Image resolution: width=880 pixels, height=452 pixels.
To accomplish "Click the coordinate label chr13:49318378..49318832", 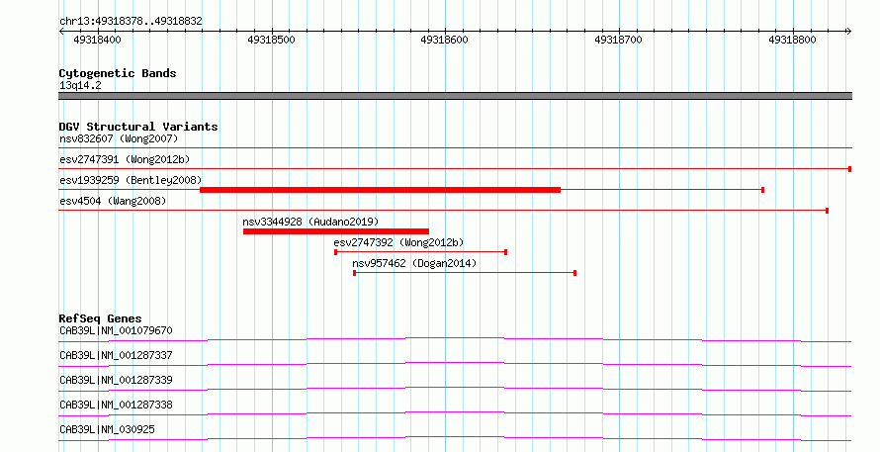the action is point(131,22).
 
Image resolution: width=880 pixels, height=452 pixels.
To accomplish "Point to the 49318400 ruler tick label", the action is point(97,40).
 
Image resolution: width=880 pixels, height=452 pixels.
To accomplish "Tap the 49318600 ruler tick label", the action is point(444,40).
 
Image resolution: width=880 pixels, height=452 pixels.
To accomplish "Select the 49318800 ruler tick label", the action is point(792,40).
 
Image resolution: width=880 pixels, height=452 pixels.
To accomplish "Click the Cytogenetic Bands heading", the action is point(118,73).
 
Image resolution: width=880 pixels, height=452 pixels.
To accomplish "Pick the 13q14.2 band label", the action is point(80,85).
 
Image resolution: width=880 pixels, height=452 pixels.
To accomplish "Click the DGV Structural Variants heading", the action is point(138,127).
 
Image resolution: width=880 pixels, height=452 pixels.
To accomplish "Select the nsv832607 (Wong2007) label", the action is point(119,138).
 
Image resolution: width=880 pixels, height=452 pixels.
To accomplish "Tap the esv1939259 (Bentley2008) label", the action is point(131,180).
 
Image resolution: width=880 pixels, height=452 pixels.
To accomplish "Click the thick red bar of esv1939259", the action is point(380,190).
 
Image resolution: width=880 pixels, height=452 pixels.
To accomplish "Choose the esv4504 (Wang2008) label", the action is point(113,201).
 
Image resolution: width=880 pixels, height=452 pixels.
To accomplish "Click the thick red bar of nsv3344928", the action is point(335,231).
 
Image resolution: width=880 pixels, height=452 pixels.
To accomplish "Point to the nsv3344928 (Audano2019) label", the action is point(310,222).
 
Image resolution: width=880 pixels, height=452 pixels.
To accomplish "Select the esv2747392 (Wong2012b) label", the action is point(398,242).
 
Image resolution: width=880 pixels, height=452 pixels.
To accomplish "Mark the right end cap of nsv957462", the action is point(574,273).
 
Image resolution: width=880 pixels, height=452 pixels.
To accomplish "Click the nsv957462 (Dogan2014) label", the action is point(414,263).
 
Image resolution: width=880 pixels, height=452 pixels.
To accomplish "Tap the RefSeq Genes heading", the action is point(100,318).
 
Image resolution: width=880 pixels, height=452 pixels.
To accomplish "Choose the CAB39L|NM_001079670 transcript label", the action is point(116,330).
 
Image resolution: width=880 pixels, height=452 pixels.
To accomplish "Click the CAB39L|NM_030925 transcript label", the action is point(107,429).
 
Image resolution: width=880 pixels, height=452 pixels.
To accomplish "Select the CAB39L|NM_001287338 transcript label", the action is point(116,405).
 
